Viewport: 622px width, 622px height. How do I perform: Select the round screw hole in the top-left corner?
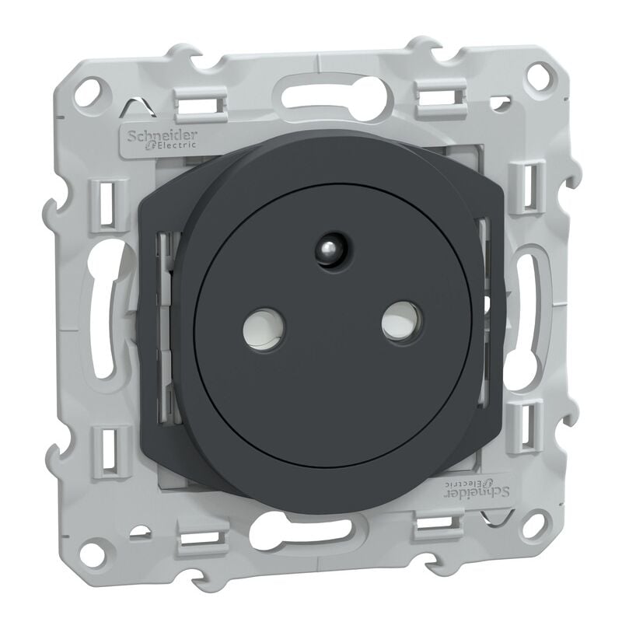94,87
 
